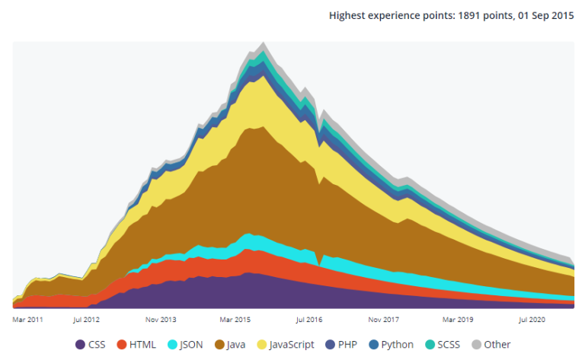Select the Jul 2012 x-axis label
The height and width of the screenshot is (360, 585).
[x=87, y=320]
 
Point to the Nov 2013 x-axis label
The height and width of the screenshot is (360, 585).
[x=161, y=320]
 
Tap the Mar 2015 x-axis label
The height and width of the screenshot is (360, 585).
[x=235, y=320]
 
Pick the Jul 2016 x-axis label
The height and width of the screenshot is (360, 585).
[x=309, y=320]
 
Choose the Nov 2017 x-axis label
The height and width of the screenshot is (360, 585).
[x=384, y=320]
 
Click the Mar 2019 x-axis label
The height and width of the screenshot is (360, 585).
[x=459, y=320]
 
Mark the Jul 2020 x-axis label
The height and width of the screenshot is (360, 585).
[x=533, y=320]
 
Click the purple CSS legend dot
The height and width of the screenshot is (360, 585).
[x=81, y=345]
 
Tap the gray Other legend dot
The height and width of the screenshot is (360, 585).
[x=478, y=345]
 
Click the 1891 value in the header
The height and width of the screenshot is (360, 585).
[x=468, y=15]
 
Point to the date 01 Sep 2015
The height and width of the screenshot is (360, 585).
[x=545, y=15]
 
